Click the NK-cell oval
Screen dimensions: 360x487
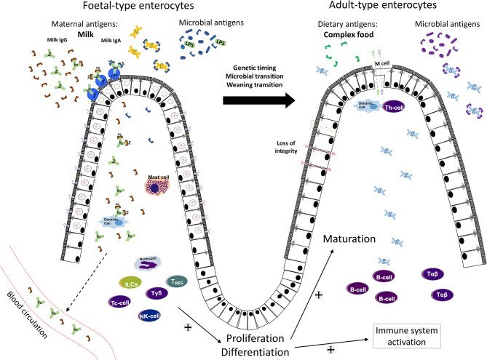click(x=150, y=316)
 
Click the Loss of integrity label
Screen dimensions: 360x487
click(x=286, y=146)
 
